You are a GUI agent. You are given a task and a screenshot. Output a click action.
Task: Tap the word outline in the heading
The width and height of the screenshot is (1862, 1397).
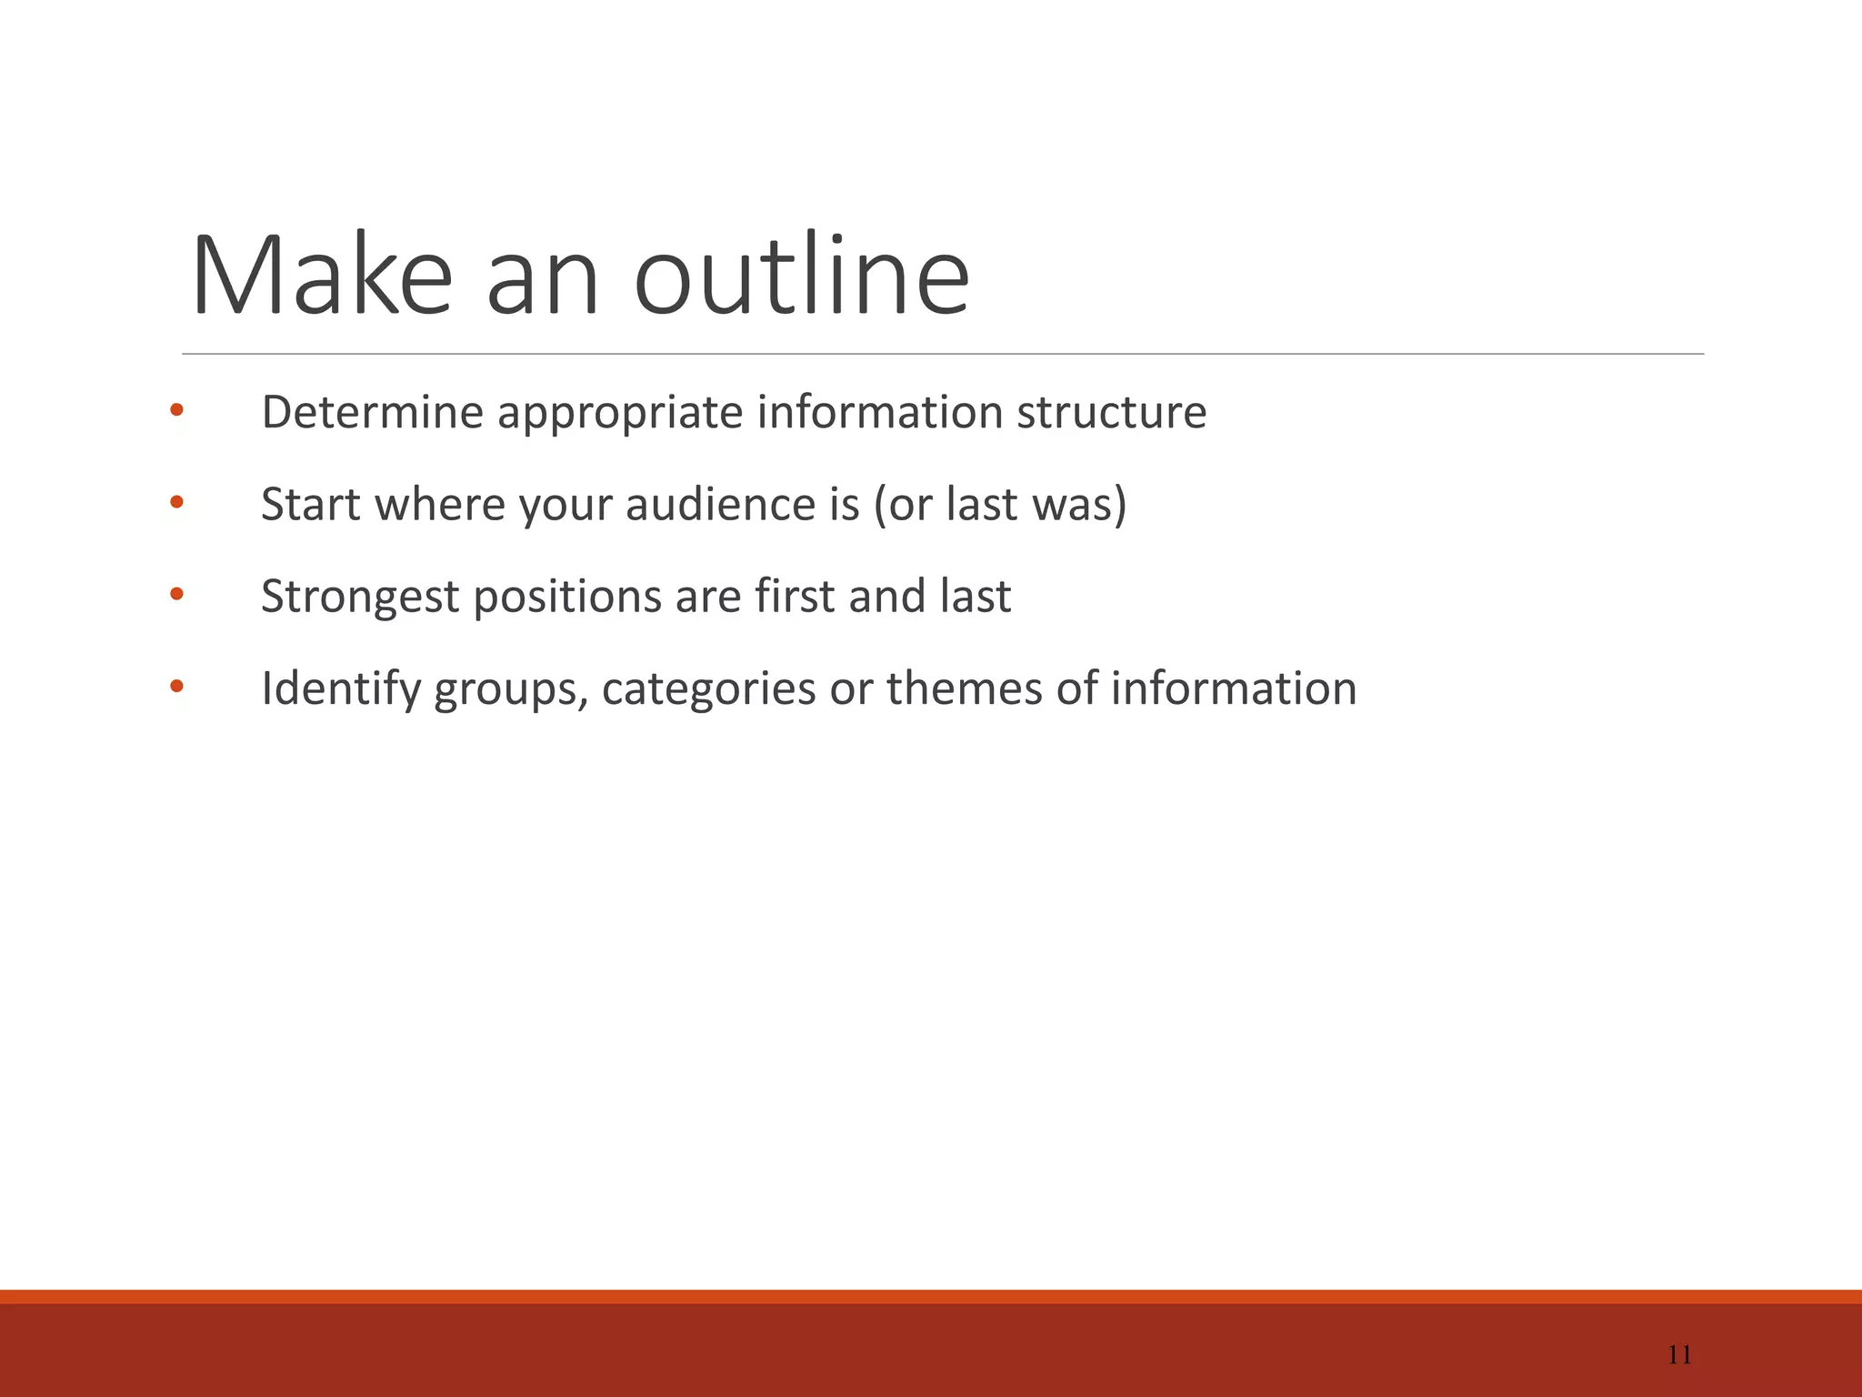(x=801, y=276)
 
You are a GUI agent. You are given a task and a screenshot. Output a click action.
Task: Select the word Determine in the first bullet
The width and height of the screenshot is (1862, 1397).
(x=372, y=412)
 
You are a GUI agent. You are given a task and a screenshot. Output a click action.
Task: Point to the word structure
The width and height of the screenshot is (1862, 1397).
(x=1111, y=412)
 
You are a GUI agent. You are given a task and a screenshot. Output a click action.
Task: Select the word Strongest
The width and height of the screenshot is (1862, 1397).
(x=360, y=598)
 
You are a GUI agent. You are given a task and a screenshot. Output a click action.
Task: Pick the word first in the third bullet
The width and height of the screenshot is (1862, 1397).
(x=795, y=597)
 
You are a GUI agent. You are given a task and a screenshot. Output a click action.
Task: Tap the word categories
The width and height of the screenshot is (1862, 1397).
(x=708, y=689)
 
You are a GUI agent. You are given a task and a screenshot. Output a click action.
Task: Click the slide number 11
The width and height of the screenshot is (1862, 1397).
(x=1679, y=1355)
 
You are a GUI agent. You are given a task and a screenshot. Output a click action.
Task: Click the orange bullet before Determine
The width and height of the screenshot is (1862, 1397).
(x=176, y=410)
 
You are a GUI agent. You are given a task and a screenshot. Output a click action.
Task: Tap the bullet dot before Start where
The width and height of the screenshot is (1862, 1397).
(x=176, y=502)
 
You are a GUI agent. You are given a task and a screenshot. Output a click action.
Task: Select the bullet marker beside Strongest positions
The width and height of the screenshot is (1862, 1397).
(x=176, y=595)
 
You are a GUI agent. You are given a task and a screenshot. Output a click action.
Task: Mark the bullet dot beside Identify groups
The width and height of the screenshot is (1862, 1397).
(x=176, y=687)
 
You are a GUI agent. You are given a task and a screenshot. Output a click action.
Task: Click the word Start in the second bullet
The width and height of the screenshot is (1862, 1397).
(x=311, y=505)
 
